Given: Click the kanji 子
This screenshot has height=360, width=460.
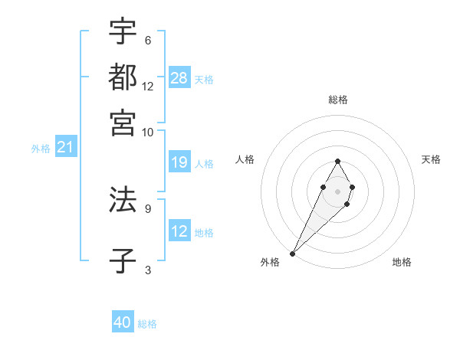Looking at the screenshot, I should pos(123,260).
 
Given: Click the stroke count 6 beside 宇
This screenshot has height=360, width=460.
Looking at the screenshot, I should pos(147,40).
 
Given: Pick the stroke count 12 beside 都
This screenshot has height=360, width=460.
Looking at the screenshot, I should pos(148,86).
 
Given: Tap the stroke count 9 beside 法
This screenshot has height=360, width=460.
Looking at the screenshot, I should pos(147,208).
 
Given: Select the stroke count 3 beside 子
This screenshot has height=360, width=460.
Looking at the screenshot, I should pos(147,269).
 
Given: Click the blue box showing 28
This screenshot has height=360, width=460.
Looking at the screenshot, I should pos(179,77).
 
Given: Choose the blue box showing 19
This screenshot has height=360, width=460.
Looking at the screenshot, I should pos(179,162).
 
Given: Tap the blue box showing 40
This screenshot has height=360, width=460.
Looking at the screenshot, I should pos(123,323).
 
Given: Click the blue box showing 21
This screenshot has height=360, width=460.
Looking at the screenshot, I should pos(65,147).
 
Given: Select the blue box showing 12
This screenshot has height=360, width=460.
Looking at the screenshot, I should pos(179,231).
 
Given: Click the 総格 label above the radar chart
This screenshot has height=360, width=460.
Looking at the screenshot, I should pos(337,100).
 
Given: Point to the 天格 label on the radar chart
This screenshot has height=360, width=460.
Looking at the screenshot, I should pos(431,159).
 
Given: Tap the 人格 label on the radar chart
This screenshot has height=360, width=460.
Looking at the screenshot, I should pos(245,159).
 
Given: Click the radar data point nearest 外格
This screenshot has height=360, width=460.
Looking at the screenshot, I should pos(292,253).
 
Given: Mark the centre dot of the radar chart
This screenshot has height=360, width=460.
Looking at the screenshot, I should pos(337,190).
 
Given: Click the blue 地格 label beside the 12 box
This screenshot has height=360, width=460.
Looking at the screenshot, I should pos(204,232).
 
